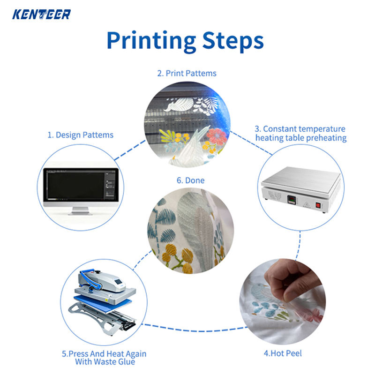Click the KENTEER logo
[41, 14]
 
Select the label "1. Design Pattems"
[80, 135]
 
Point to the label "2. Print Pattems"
[187, 74]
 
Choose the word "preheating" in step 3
[323, 138]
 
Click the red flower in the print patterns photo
[217, 136]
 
